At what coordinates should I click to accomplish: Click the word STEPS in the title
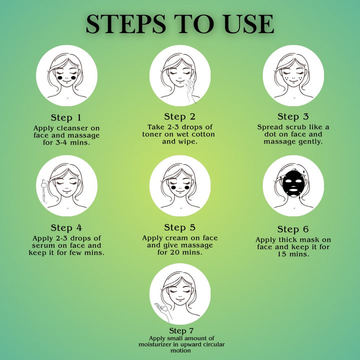point(126,24)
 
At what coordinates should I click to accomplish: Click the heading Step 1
point(66,117)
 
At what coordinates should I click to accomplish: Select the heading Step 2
point(180,116)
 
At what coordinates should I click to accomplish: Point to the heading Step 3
point(293,116)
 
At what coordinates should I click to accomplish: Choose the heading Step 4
point(66,228)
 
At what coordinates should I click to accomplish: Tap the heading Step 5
point(180,227)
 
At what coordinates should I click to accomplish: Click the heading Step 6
point(293,229)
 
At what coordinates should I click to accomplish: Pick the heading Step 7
point(181,330)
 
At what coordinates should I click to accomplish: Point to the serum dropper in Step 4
point(44,191)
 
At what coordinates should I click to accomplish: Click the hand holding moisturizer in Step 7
point(163,311)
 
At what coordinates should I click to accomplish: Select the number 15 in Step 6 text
point(281,254)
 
